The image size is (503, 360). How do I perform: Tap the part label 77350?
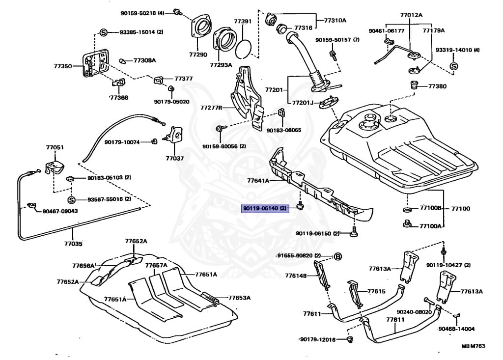[x=63, y=66]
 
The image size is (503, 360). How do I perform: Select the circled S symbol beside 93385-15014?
[x=103, y=32]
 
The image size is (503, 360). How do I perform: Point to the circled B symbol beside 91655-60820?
[x=338, y=256]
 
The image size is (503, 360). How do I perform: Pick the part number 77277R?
[x=211, y=108]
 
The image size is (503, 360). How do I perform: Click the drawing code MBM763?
[x=473, y=346]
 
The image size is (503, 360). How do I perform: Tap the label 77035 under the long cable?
[x=73, y=244]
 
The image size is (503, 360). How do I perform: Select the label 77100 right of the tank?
[x=461, y=209]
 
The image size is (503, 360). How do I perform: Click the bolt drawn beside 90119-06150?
[x=353, y=232]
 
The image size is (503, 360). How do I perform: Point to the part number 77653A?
[x=239, y=298]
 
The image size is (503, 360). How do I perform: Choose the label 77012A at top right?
[x=411, y=15]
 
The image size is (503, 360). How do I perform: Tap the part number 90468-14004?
[x=456, y=329]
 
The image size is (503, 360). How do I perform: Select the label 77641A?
[x=258, y=181]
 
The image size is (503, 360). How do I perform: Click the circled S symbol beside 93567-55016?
[x=71, y=199]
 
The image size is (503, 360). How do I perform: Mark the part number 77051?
[x=55, y=148]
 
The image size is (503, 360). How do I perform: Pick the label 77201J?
[x=302, y=103]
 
